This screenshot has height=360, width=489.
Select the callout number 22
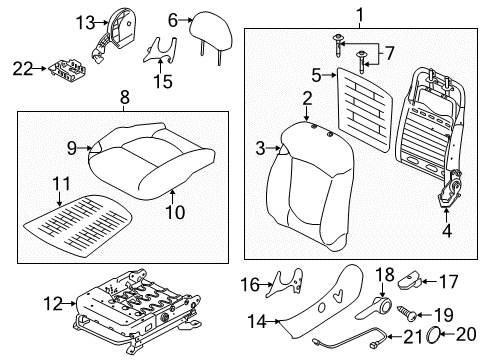click(23, 69)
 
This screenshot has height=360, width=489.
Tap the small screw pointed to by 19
click(407, 313)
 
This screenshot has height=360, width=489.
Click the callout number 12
click(53, 304)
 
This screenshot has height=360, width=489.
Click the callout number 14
click(257, 322)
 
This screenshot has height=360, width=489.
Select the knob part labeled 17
click(410, 281)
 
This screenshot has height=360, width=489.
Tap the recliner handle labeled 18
click(375, 307)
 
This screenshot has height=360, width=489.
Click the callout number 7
click(390, 53)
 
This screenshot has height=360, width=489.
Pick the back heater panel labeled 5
click(365, 109)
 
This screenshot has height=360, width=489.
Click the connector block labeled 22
click(68, 70)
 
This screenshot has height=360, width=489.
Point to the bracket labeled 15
click(161, 50)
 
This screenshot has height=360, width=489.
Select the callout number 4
click(447, 230)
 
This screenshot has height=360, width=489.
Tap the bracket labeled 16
click(286, 282)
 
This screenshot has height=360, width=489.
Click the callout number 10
click(175, 212)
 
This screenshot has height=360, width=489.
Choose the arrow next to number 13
click(101, 23)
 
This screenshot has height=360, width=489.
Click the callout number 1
click(360, 15)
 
